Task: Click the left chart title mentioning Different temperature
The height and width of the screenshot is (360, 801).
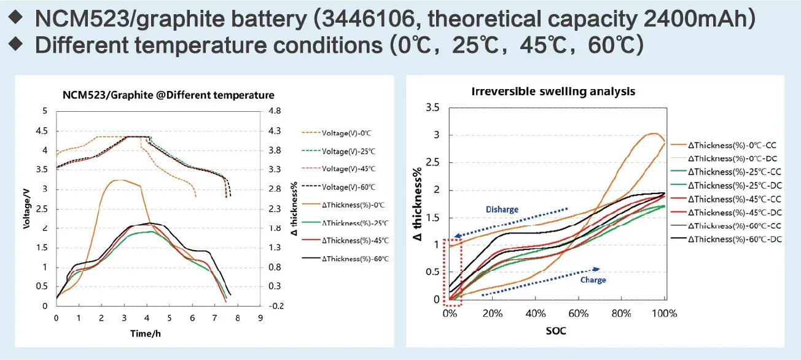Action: [x=168, y=95]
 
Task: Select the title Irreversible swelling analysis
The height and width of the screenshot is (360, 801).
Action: [x=553, y=92]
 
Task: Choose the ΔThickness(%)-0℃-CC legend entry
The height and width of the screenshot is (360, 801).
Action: [x=733, y=144]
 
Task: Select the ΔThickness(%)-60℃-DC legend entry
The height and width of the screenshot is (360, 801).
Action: [x=733, y=239]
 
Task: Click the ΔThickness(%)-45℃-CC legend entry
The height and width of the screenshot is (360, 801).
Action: [x=733, y=198]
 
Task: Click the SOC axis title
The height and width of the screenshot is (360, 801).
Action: [x=556, y=331]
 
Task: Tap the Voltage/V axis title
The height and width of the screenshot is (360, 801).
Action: [x=27, y=208]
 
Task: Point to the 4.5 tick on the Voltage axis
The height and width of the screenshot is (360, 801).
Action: [x=42, y=130]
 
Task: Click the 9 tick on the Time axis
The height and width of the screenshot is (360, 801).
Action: [x=260, y=318]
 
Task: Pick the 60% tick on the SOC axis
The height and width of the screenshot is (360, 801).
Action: [x=579, y=314]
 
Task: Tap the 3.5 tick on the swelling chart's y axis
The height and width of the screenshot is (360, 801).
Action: [x=432, y=108]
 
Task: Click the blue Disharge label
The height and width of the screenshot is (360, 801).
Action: [x=503, y=209]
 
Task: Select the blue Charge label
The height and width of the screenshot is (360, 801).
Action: [x=593, y=280]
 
